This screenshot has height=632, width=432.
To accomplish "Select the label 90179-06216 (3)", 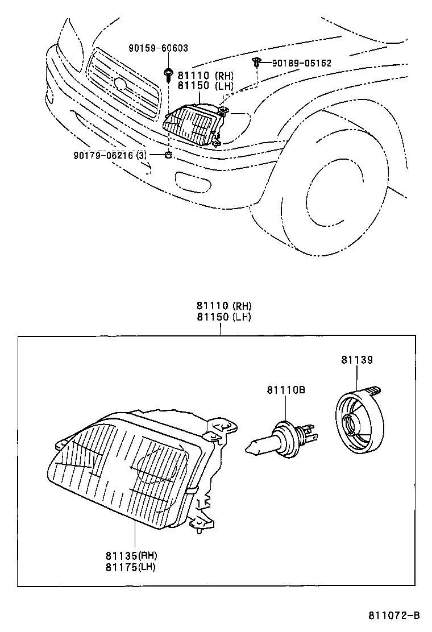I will coord(110,155).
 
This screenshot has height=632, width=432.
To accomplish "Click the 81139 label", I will coord(357,360).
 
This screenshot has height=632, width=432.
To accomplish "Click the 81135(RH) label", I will coord(130,555).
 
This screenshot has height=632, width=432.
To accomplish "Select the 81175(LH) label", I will coord(130,566).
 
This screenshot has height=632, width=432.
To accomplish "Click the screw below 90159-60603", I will coord(169,73).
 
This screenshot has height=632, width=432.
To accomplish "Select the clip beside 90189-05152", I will coord(257,62).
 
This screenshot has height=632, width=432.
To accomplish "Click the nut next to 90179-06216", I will coord(169,155).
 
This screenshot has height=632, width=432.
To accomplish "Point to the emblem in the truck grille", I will coord(120,84).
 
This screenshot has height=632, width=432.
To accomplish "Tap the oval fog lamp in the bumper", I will coord(192,182).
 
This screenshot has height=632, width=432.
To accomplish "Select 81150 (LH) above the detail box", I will coord(223,317).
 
